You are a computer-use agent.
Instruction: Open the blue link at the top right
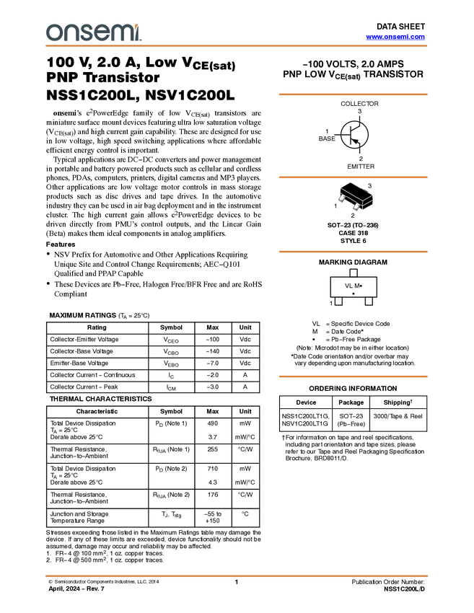coord(395,37)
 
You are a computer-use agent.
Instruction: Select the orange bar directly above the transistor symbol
coord(353,94)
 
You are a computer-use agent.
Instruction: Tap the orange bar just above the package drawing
coord(353,177)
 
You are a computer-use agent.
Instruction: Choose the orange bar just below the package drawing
coord(353,252)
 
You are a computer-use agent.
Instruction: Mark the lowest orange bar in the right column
coord(353,376)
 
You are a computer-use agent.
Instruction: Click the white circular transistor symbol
coord(354,135)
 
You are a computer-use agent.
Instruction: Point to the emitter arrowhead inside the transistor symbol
coord(357,142)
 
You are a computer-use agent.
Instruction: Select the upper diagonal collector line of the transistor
coord(356,129)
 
